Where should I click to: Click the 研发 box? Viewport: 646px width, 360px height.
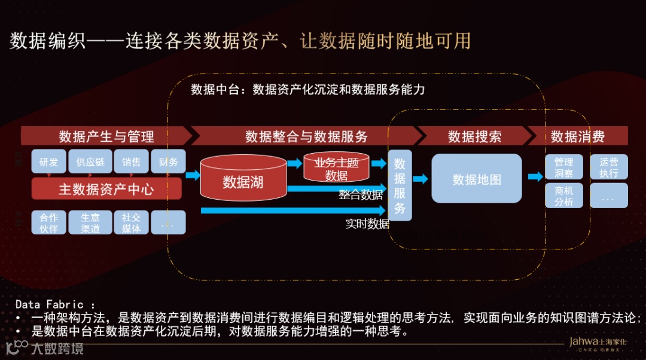(49, 162)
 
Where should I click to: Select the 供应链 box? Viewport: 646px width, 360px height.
(90, 162)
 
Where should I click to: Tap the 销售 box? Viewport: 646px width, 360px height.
(131, 162)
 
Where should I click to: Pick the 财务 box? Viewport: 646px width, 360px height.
(168, 162)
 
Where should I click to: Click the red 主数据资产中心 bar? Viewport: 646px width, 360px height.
(106, 190)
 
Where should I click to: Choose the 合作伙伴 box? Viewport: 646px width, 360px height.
(49, 222)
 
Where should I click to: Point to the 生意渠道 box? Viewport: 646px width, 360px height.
(90, 222)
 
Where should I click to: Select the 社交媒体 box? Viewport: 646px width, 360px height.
(131, 222)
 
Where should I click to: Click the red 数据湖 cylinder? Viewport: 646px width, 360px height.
(243, 179)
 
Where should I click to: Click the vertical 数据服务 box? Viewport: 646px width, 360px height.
(400, 185)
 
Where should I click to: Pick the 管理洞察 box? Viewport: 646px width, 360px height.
(563, 167)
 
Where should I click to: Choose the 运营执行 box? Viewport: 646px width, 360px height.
(608, 167)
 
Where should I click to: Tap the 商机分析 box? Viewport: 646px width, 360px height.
(563, 196)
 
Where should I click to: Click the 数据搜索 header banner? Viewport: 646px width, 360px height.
(474, 136)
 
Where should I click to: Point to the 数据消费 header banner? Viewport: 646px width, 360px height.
(577, 136)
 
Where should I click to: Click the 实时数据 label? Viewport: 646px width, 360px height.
(367, 224)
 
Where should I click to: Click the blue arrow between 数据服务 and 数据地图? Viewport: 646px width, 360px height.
(420, 179)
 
